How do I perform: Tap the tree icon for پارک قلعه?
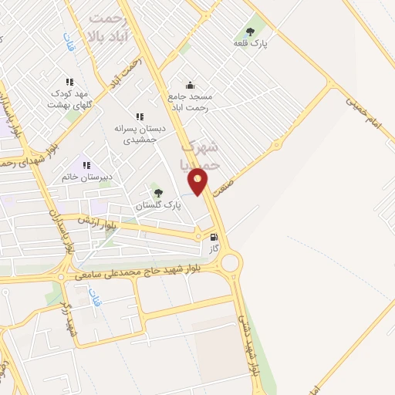(249, 32)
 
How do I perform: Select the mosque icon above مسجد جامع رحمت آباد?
(191, 85)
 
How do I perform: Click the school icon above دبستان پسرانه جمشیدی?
(139, 116)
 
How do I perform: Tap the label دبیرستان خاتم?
(87, 177)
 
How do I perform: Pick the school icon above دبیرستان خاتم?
(86, 164)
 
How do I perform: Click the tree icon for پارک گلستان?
(158, 193)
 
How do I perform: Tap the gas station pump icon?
(214, 238)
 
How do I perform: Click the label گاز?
(214, 250)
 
